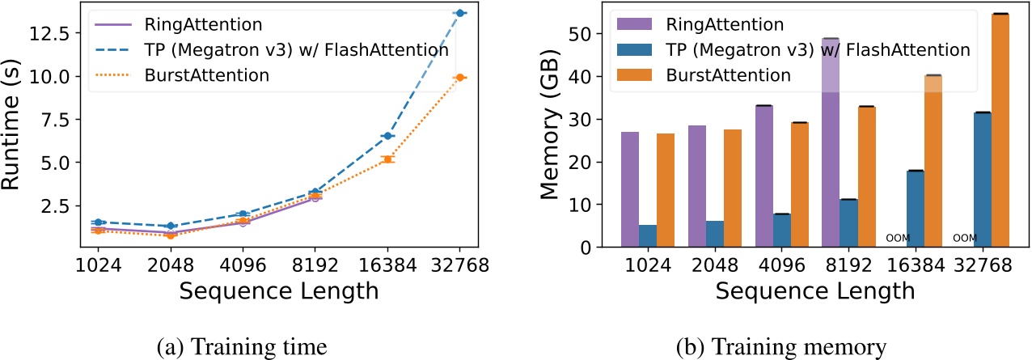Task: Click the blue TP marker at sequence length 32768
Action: [459, 13]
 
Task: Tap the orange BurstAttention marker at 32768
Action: [459, 77]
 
